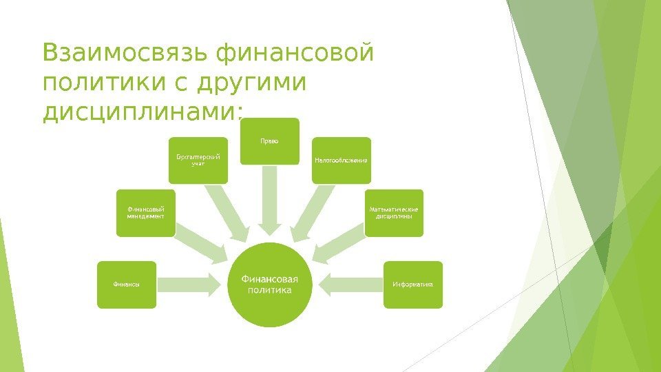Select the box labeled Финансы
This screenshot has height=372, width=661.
pyautogui.click(x=127, y=284)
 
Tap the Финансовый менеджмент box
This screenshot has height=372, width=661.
pyautogui.click(x=145, y=212)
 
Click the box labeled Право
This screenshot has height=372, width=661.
pyautogui.click(x=270, y=141)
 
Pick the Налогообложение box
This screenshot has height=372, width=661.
pyautogui.click(x=342, y=161)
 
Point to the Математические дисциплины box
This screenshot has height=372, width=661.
pyautogui.click(x=394, y=212)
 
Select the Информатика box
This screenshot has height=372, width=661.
pyautogui.click(x=413, y=284)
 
